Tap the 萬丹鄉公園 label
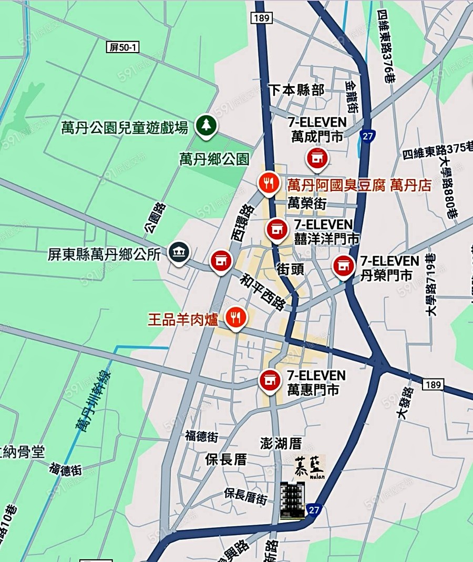214,159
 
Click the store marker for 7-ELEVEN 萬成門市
317,158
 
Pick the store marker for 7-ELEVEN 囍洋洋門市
276,230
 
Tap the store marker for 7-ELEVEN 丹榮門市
344,266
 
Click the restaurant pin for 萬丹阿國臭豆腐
269,183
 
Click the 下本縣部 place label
296,90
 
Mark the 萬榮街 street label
308,203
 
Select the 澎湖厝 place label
281,443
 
